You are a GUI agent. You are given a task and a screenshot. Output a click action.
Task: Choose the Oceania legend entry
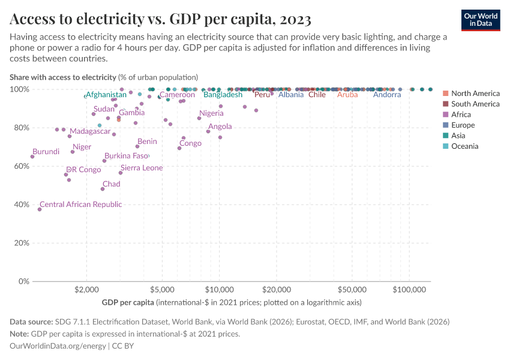tap(464, 146)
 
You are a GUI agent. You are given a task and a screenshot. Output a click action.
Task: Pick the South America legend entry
tap(475, 104)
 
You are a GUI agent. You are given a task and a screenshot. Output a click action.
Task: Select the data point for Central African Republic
tap(40, 209)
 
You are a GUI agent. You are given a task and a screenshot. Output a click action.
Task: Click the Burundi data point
tap(32, 157)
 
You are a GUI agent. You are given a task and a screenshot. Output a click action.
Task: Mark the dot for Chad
tap(103, 189)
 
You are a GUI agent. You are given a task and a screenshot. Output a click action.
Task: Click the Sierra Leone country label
tap(142, 168)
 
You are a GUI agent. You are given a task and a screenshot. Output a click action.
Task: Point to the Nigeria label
tap(211, 113)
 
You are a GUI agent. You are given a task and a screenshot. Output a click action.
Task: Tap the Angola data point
tap(208, 131)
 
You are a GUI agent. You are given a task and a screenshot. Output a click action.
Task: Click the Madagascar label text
tap(90, 131)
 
